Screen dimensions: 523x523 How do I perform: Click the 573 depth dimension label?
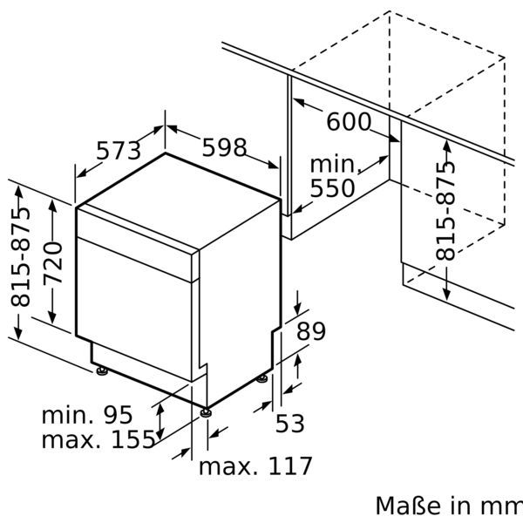point(118,151)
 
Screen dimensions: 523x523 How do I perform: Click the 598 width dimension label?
point(224,148)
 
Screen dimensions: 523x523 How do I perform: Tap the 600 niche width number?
point(348,122)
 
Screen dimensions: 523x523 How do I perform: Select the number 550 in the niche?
point(332,188)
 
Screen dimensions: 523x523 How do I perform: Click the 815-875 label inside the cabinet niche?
point(445,209)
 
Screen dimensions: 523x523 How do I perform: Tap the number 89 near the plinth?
point(310,331)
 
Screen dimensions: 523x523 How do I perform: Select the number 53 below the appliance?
point(290,424)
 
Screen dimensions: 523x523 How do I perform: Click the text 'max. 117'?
point(255,466)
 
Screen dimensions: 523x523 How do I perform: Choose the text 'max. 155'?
point(98,439)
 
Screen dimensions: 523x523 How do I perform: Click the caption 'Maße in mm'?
point(448,506)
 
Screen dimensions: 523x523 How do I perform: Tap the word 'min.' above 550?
point(335,164)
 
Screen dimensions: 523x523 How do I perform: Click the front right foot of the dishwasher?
point(205,411)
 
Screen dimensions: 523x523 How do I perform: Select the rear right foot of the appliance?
point(262,378)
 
